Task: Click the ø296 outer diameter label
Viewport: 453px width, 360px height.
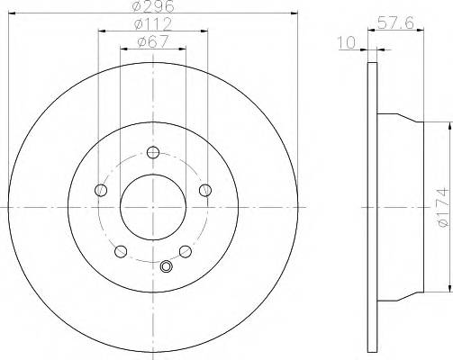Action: click(x=153, y=5)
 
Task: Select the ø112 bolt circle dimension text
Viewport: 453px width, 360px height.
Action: click(x=153, y=23)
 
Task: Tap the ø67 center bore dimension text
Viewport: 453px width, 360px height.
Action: click(x=153, y=40)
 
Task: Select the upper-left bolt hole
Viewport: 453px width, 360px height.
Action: click(x=99, y=189)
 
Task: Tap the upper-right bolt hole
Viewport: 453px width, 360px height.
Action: click(x=205, y=189)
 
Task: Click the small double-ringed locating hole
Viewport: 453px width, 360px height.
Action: click(x=165, y=266)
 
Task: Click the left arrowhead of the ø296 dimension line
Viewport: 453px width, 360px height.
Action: click(x=12, y=13)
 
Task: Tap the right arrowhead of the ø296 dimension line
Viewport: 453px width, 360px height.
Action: click(x=293, y=13)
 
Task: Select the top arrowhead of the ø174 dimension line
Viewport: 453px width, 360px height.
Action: click(x=447, y=119)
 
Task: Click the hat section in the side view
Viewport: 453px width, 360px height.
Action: click(x=396, y=205)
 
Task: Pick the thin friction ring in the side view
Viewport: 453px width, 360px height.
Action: click(x=371, y=205)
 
